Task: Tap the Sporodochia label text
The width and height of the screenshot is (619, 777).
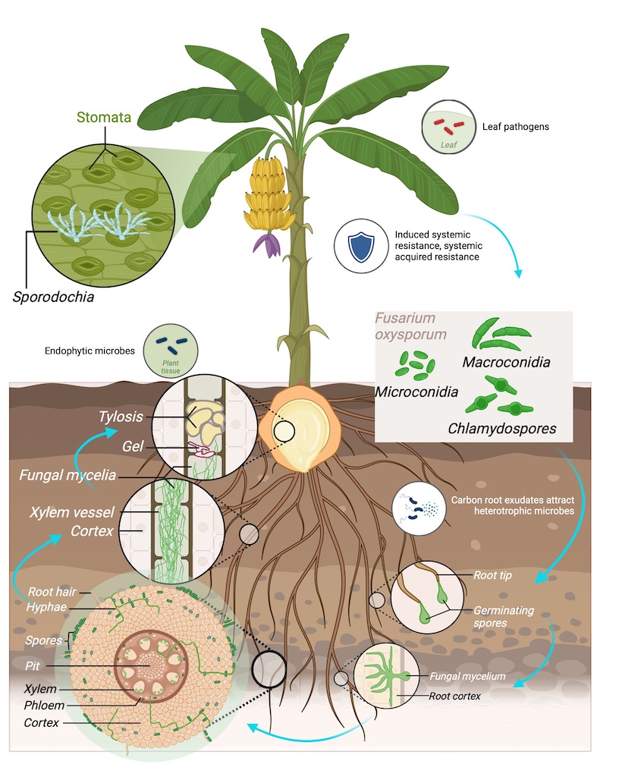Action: pyautogui.click(x=53, y=296)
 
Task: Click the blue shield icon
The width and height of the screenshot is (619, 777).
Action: pyautogui.click(x=360, y=247)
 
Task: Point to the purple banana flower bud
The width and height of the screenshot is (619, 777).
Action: pyautogui.click(x=265, y=245)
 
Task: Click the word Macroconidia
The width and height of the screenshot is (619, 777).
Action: pyautogui.click(x=506, y=361)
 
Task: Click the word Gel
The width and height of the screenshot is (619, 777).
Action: pyautogui.click(x=133, y=447)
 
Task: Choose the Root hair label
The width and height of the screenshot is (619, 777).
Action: pyautogui.click(x=52, y=591)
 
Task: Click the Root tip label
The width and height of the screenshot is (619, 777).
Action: pyautogui.click(x=492, y=576)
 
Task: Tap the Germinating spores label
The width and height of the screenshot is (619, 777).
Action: pyautogui.click(x=504, y=616)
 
